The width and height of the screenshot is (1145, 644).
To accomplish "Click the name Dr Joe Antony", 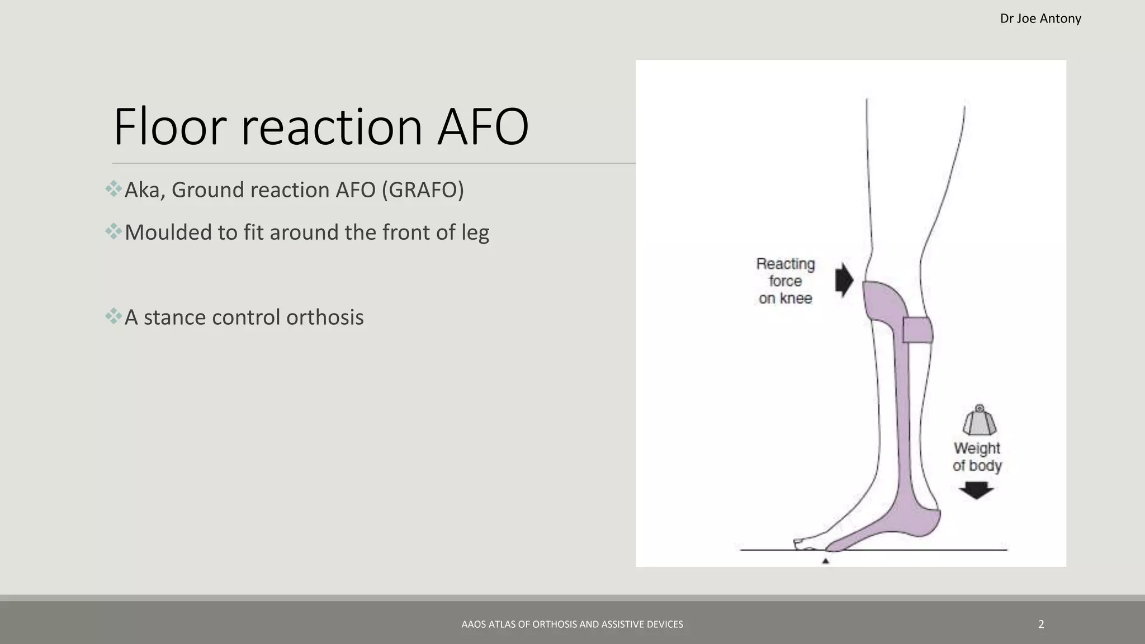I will tap(1040, 18).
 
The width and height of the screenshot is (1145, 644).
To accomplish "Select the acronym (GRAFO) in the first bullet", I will tap(423, 190).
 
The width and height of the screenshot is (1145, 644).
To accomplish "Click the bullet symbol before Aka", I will tap(113, 189).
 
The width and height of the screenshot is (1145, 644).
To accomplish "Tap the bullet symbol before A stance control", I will tap(113, 316).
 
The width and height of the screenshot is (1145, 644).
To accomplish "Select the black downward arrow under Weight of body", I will tap(976, 491).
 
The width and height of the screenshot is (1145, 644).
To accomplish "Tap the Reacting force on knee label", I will tap(786, 281).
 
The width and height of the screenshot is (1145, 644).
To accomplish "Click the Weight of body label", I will tap(977, 457).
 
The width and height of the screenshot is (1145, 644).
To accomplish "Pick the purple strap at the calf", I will tap(917, 330).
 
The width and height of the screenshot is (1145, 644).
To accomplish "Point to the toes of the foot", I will tap(804, 542).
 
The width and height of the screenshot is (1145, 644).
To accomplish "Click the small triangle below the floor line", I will tap(825, 561).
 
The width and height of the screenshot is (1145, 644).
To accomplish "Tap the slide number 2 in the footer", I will tap(1040, 624).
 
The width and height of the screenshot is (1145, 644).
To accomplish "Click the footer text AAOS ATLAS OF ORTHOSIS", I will tap(572, 624).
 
